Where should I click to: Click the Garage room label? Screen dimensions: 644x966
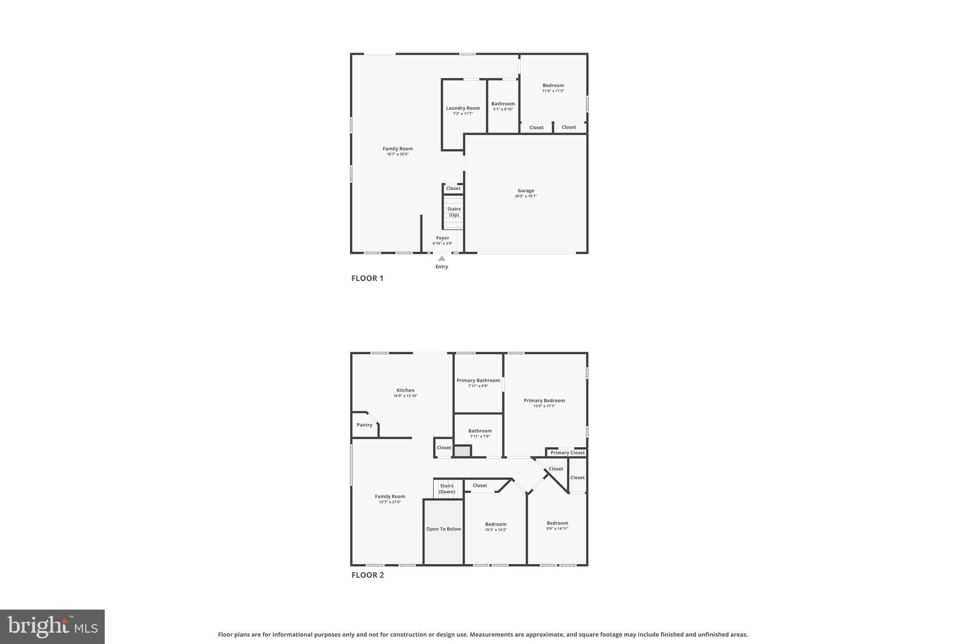coord(525,191)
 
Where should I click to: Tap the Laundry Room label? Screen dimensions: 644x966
coord(463,108)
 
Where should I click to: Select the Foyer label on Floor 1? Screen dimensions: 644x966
coord(442,238)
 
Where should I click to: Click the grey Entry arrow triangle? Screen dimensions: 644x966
coord(441,259)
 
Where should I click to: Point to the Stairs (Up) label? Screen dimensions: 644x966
coord(454,212)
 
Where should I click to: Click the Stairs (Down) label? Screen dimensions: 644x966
coord(447,488)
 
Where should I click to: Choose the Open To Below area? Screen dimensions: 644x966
coord(443,529)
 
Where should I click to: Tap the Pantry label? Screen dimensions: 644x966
coord(364,425)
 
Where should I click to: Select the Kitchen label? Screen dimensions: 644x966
coord(405,390)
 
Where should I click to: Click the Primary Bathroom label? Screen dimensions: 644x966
coord(478,380)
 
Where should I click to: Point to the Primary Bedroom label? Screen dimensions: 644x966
coord(544,401)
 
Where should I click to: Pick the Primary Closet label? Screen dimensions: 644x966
coord(567,452)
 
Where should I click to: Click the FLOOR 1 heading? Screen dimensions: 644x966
coord(367,278)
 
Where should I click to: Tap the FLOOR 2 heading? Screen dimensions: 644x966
coord(367,575)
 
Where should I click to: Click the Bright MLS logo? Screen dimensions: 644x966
coord(52,627)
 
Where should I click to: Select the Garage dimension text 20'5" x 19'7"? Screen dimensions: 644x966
coord(525,196)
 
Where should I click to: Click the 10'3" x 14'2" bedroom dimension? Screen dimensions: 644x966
coord(495,530)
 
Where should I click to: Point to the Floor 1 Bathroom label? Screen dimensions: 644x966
coord(503,104)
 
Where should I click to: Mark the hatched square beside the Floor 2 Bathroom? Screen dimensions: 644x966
coord(462,451)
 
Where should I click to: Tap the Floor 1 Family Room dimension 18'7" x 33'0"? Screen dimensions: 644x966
coord(397,154)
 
